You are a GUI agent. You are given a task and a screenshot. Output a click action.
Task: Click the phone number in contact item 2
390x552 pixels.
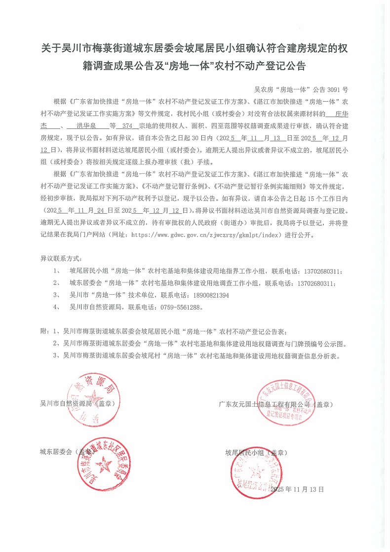[x=316, y=283]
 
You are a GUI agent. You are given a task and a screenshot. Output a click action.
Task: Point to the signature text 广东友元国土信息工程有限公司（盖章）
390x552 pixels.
[x=276, y=404]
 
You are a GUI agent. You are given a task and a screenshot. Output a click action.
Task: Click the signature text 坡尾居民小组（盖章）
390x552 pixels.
[x=256, y=452]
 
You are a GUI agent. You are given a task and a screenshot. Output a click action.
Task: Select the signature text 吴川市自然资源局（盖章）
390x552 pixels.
[x=78, y=403]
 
